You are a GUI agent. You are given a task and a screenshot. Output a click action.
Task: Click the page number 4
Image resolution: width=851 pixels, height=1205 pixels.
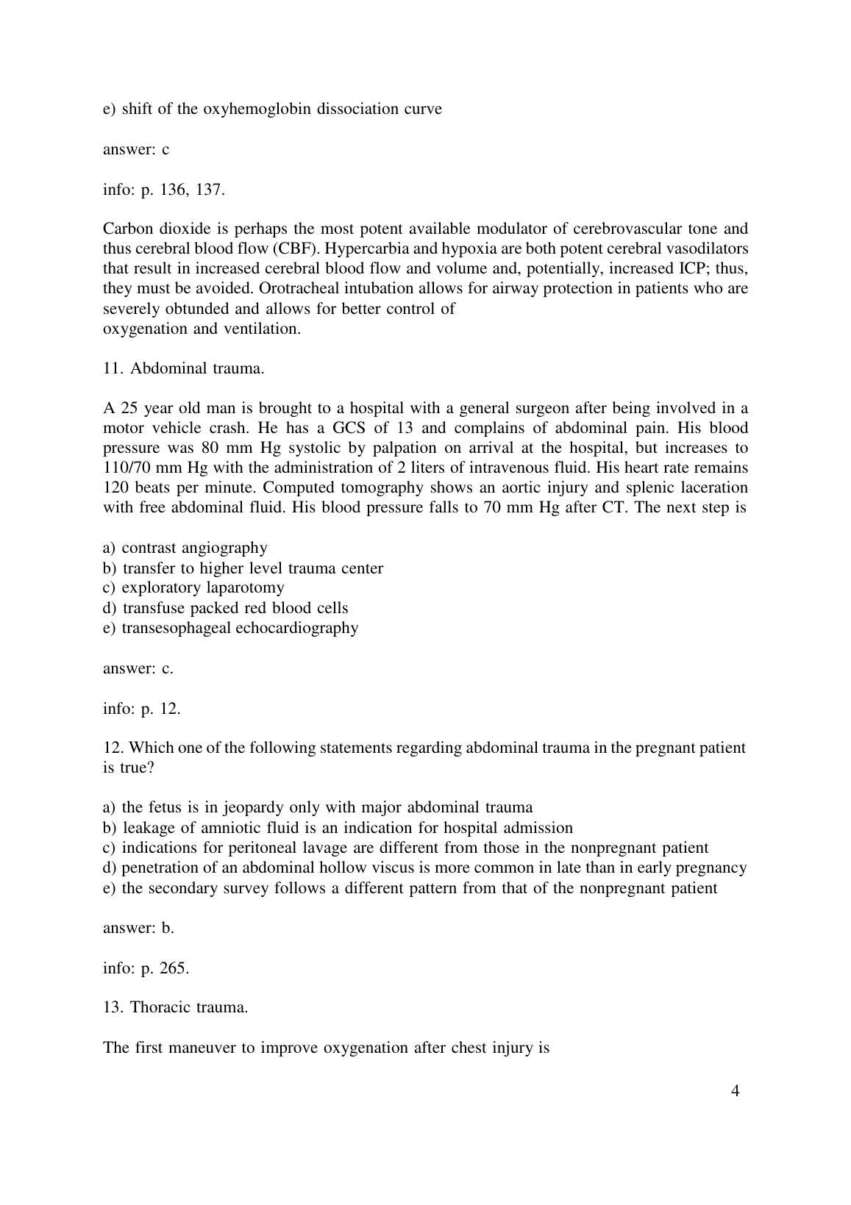[736, 1090]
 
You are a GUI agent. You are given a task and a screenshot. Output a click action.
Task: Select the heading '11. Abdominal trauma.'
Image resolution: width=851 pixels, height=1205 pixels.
[184, 368]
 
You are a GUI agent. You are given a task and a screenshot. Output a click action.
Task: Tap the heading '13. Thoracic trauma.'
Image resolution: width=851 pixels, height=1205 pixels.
[176, 1007]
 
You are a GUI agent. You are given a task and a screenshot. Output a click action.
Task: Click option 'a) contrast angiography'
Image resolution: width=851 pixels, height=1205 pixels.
[185, 548]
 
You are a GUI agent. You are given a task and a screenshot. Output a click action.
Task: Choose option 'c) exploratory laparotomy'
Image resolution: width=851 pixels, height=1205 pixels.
[193, 587]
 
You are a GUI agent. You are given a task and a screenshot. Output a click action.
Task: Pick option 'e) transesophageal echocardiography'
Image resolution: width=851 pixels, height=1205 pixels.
[231, 628]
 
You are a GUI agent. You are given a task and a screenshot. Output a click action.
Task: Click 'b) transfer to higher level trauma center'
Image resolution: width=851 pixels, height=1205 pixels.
[243, 568]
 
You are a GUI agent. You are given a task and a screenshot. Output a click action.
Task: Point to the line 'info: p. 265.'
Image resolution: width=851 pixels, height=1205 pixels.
[146, 968]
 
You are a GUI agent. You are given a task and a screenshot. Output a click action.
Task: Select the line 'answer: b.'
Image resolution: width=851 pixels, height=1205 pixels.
[139, 928]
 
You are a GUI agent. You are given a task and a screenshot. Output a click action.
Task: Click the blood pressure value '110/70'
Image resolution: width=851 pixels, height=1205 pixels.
[127, 468]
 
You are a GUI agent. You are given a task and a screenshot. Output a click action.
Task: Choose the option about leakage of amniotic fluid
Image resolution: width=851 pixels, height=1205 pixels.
[338, 828]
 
